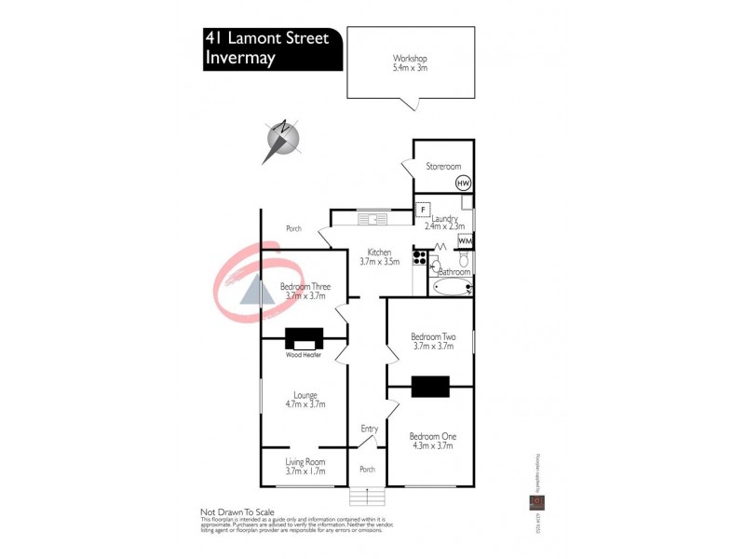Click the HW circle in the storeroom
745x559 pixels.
(x=463, y=184)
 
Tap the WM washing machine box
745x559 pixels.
(x=465, y=241)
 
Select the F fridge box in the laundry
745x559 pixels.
(x=422, y=209)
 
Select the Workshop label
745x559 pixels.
(x=410, y=58)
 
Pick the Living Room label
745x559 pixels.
(x=305, y=462)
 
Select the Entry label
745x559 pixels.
(x=369, y=429)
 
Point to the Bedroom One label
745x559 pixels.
(x=433, y=436)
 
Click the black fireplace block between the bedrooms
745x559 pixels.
(x=430, y=386)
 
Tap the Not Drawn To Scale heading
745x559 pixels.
(x=238, y=512)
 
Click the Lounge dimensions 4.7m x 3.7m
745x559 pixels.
(x=305, y=404)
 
